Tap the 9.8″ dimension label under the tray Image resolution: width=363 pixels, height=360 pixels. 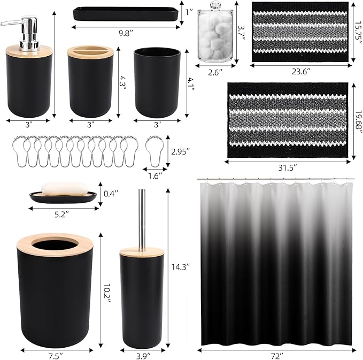pyautogui.click(x=126, y=34)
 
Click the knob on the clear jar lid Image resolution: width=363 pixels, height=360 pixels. pyautogui.click(x=215, y=5)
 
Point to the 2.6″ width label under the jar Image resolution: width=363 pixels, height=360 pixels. pyautogui.click(x=215, y=73)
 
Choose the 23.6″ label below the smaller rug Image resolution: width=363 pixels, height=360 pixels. pyautogui.click(x=301, y=72)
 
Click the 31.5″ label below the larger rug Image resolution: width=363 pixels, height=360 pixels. pyautogui.click(x=288, y=168)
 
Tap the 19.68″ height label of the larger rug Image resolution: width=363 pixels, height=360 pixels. pyautogui.click(x=359, y=121)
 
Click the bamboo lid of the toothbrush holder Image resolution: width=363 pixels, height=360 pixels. pyautogui.click(x=90, y=52)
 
